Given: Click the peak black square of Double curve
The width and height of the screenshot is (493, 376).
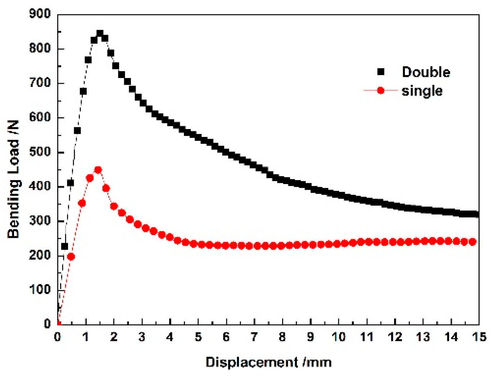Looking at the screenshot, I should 100,34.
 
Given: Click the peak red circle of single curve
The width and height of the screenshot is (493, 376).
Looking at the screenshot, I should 98,170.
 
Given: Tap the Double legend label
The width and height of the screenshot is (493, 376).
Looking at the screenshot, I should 426,72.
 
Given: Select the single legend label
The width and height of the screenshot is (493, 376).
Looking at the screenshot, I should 422,91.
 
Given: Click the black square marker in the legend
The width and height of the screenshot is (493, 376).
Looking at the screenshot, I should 381,72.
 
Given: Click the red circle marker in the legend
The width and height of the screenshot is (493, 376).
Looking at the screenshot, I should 381,91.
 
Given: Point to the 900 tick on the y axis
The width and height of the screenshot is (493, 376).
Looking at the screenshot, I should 40,14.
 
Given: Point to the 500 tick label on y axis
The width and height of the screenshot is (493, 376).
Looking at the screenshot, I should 40,152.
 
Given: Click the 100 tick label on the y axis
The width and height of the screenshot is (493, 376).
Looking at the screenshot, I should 40,289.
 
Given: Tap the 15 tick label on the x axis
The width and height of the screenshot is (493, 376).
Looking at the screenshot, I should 479,337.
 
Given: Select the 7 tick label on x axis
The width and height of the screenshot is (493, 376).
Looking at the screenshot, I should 254,337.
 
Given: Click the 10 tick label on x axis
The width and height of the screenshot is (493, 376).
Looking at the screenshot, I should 338,337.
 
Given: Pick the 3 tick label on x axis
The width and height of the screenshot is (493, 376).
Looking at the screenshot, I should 142,337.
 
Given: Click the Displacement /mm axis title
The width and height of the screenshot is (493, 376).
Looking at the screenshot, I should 268,362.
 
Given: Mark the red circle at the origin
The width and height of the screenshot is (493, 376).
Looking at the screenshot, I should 58,324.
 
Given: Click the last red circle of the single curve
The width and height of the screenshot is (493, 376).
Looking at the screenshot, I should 472,242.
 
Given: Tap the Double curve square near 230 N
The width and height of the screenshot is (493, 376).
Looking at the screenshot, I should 65,247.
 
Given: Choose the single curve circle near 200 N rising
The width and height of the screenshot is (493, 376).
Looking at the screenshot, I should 71,257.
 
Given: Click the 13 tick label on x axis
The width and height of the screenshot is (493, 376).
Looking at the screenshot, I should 423,337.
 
